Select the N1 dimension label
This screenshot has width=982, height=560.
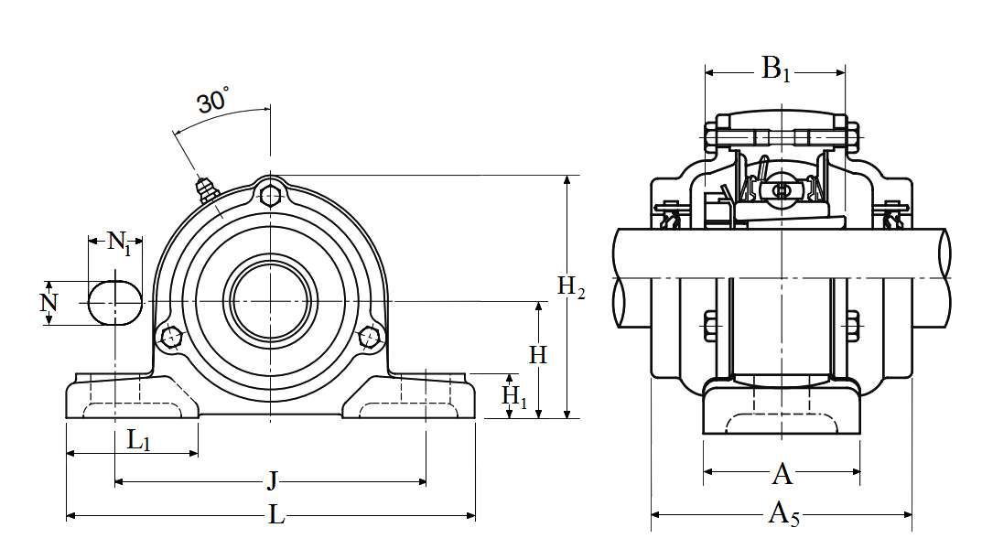(119, 242)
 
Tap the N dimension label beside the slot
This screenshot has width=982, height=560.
(49, 303)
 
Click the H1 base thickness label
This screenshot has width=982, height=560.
(514, 396)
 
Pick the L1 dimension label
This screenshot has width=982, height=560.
(138, 440)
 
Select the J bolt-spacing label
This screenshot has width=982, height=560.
(272, 481)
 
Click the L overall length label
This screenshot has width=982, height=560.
(276, 515)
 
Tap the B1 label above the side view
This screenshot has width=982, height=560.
(775, 69)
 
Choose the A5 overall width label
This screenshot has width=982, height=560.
(783, 514)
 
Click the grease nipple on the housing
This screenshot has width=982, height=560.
(205, 189)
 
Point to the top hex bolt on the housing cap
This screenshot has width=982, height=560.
(270, 195)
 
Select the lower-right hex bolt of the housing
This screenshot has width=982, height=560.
(369, 337)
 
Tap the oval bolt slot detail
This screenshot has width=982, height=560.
(115, 303)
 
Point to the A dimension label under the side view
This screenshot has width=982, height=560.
(782, 474)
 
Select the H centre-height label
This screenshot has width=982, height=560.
(538, 355)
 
